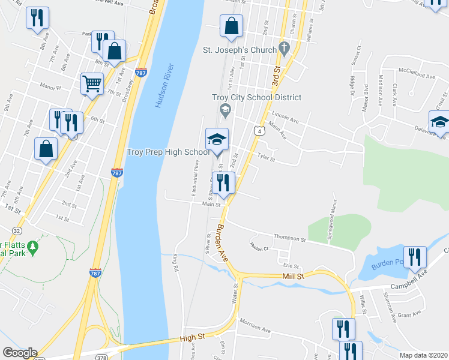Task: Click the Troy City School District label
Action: click(x=256, y=97)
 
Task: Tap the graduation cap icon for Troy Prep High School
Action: click(x=217, y=141)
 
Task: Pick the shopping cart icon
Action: click(x=92, y=84)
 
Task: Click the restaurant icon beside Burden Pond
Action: click(x=415, y=257)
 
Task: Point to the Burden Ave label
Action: click(x=223, y=241)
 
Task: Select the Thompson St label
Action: click(x=289, y=239)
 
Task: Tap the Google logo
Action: click(x=20, y=353)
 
